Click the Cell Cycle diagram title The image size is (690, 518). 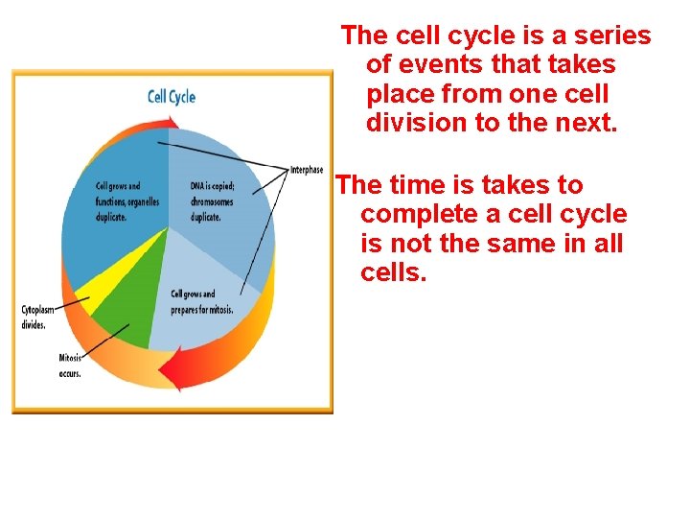click(171, 97)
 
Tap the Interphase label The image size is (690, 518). click(306, 170)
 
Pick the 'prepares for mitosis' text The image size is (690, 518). click(201, 309)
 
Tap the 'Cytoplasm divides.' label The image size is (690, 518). click(39, 317)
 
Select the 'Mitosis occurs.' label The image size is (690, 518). click(70, 365)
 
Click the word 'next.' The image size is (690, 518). click(585, 124)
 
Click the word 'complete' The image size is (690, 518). click(422, 214)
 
